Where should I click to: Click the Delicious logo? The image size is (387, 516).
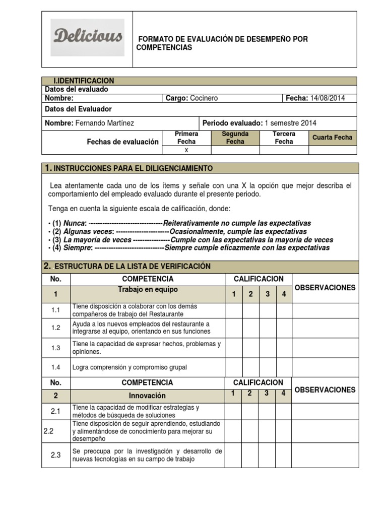click(88, 37)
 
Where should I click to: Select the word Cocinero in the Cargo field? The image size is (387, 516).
click(204, 98)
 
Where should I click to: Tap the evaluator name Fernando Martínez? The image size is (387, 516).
click(105, 123)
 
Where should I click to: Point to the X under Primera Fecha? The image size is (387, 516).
click(186, 150)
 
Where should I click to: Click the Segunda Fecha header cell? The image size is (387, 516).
click(235, 138)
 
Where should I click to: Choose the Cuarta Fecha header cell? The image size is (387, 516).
click(333, 138)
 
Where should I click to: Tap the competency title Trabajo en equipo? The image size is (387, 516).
click(148, 290)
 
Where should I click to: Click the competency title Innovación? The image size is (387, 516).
click(147, 396)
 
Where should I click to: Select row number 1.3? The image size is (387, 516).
click(55, 348)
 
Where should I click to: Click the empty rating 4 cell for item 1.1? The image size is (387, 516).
click(284, 310)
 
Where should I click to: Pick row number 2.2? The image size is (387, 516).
click(49, 431)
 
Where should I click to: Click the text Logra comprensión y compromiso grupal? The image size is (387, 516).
click(130, 367)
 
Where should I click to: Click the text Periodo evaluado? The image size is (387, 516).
click(232, 123)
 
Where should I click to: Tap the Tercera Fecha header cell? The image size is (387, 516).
click(284, 138)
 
